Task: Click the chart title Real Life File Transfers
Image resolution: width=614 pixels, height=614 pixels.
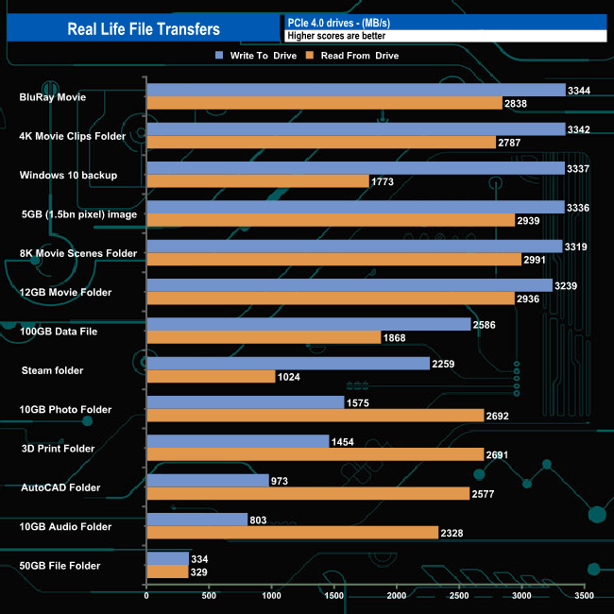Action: point(144,28)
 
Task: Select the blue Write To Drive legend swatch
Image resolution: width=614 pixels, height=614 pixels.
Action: point(219,56)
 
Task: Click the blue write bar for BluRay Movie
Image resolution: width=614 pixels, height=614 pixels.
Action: point(355,90)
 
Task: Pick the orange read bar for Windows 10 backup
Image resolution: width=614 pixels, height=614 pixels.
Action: point(257,180)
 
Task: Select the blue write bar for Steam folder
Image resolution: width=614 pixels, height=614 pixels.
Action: point(287,364)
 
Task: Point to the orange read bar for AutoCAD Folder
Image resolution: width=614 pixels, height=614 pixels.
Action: point(308,494)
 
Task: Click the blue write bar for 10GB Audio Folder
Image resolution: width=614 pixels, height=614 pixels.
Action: point(196,520)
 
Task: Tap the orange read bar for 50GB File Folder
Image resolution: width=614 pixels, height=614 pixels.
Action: point(167,572)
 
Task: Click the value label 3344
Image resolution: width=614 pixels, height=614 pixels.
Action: point(579,90)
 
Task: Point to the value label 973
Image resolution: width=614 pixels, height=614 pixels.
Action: point(281,481)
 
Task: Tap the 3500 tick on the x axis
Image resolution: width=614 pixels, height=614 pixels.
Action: point(584,597)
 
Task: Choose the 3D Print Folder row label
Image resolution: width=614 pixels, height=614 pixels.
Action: point(58,449)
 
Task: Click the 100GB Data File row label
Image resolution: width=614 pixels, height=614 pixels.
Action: point(60,332)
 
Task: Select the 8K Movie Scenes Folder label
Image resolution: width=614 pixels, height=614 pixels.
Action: point(78,253)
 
